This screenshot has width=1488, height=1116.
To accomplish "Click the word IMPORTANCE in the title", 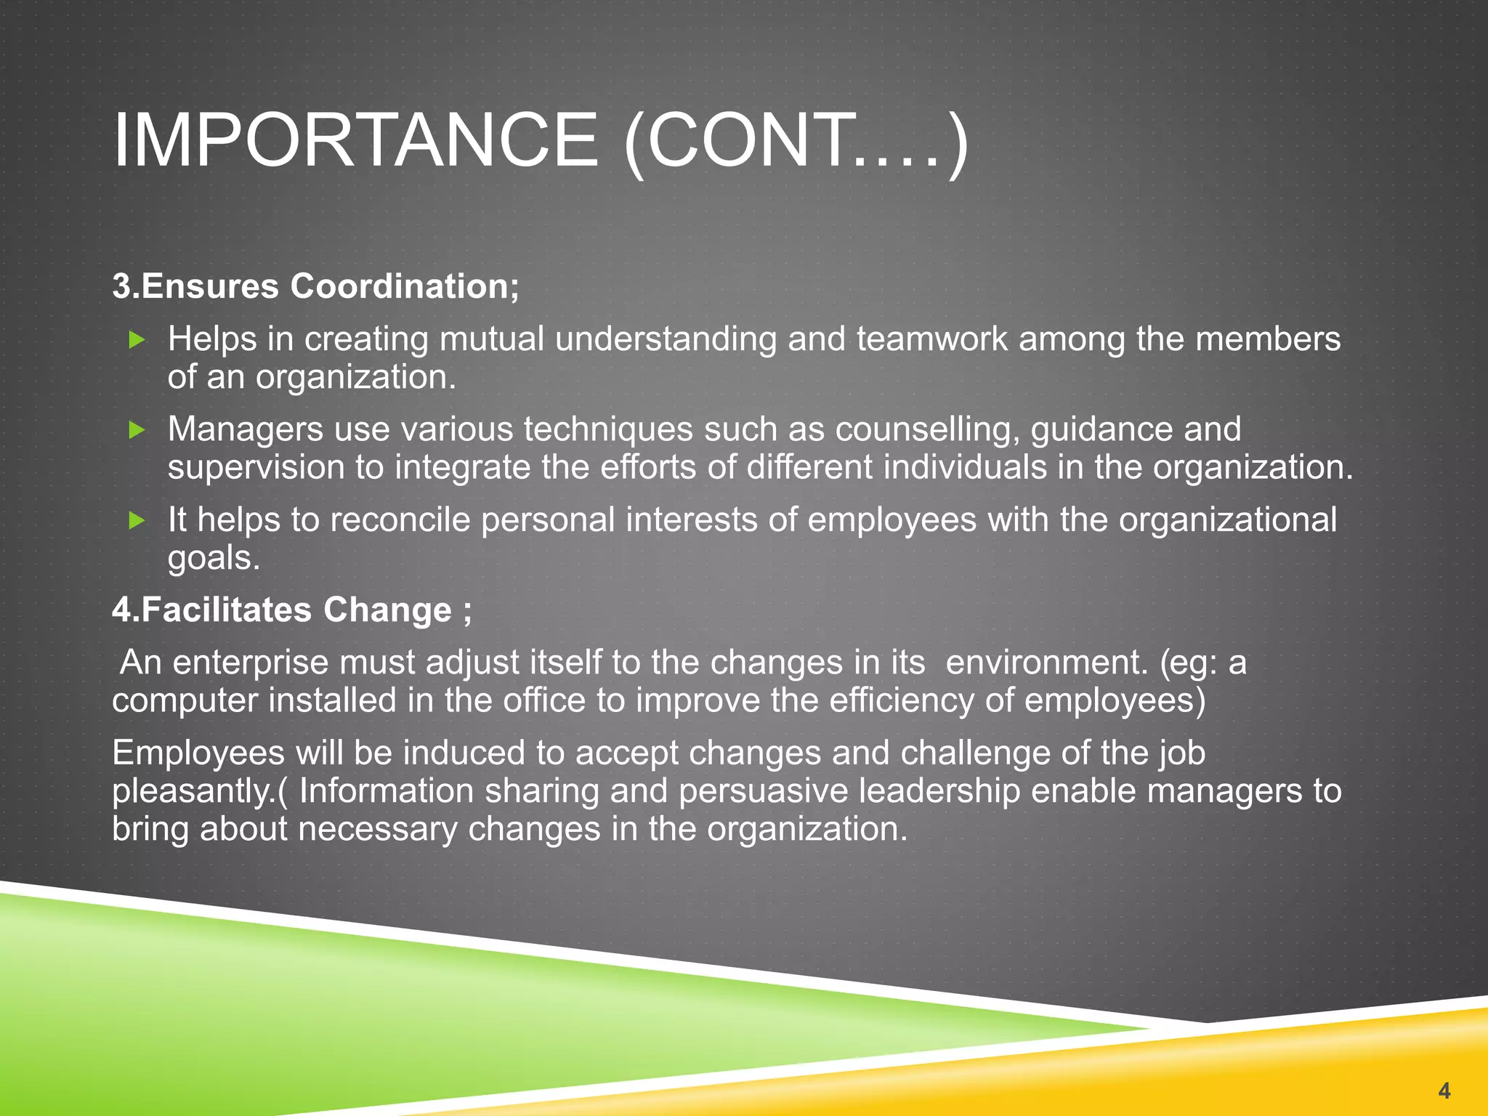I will click(355, 139).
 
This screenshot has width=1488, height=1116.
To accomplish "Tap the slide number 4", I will click(1444, 1090).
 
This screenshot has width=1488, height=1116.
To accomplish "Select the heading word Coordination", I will click(405, 286).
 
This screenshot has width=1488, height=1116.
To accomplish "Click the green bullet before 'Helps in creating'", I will click(137, 339).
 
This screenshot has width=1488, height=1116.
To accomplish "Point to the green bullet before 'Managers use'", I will click(137, 430).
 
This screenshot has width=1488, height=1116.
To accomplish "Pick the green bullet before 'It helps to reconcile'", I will click(137, 520).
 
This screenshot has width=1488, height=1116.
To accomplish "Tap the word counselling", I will click(927, 430).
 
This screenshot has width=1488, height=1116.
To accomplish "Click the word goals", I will click(213, 558).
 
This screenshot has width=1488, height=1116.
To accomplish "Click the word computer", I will click(184, 700).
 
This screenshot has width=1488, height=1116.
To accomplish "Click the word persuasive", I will click(763, 791).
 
